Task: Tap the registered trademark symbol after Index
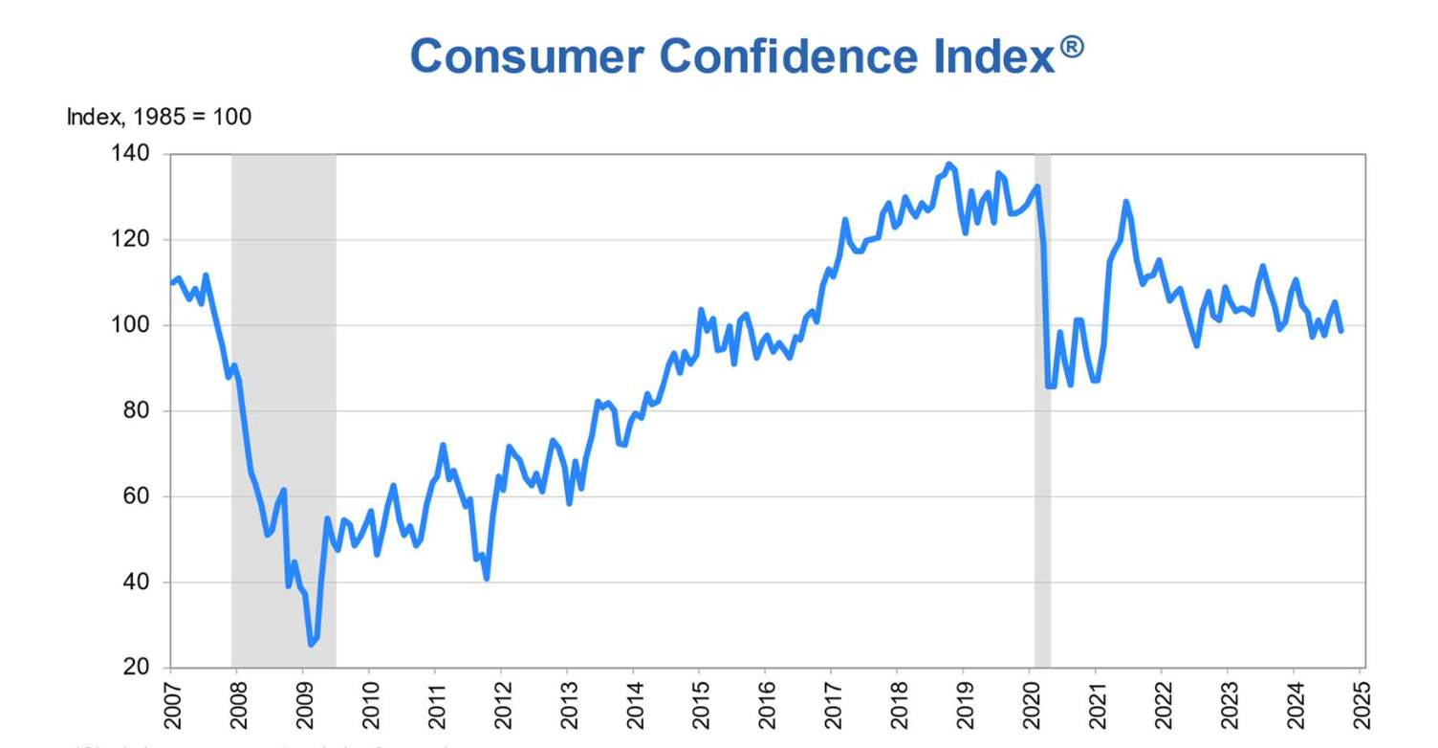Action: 1072,47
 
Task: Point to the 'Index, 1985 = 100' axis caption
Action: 159,118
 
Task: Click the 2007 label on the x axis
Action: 171,706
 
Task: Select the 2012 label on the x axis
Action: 501,706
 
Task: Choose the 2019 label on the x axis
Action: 964,706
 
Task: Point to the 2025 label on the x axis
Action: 1360,706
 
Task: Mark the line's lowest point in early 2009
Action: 311,644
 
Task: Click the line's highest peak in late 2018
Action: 948,165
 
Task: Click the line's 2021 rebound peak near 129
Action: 1125,202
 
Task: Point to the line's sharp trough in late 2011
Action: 487,578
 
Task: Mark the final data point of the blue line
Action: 1340,331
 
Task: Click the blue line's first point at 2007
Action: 171,282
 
